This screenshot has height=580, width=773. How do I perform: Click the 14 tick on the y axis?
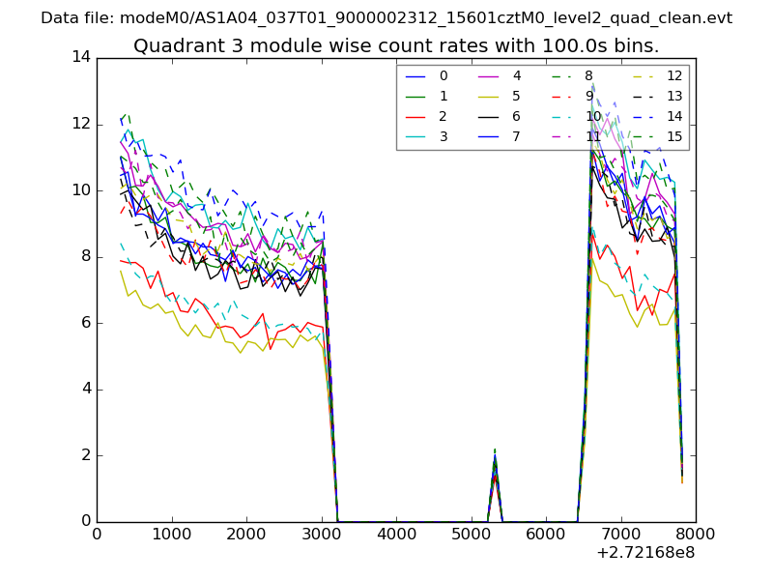[81, 57]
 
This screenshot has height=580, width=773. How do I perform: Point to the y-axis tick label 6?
[86, 323]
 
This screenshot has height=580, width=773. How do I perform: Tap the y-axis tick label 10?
[81, 190]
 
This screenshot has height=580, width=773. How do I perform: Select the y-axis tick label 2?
[86, 455]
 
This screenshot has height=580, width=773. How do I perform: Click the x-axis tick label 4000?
[396, 534]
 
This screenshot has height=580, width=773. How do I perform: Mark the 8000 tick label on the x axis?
[696, 534]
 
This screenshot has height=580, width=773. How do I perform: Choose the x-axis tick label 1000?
[171, 534]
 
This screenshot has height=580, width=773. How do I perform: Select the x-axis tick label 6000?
[546, 534]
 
